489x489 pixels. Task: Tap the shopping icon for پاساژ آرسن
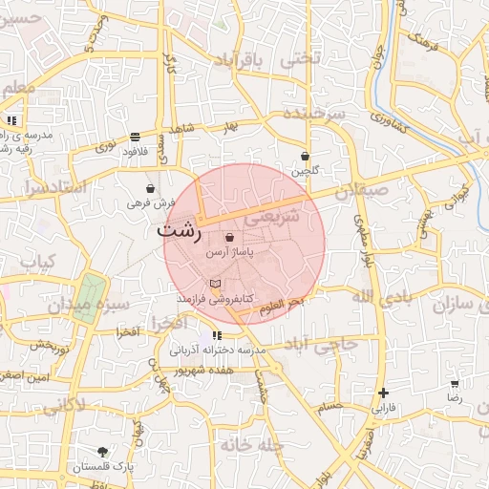[229, 237]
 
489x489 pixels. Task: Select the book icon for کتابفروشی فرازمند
[215, 285]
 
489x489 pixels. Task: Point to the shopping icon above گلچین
[306, 156]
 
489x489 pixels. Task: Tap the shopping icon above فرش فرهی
[152, 188]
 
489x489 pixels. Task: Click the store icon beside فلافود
[135, 136]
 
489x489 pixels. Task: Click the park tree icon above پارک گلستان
[102, 451]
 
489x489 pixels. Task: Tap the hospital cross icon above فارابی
[383, 393]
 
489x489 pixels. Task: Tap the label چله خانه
[252, 445]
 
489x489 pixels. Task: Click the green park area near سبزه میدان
[90, 297]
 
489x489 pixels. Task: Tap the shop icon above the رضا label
[455, 383]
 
